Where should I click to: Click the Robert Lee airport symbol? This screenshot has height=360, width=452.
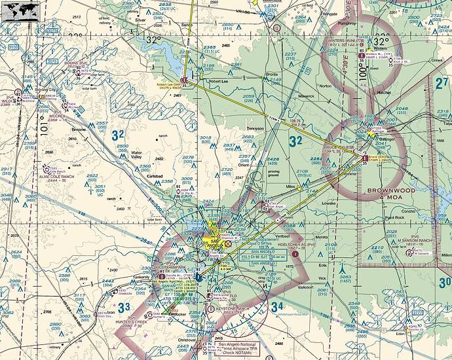(184, 81)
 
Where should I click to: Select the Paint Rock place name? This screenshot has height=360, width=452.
(396, 217)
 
